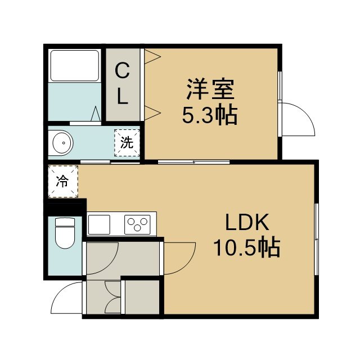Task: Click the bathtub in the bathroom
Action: [x=75, y=65]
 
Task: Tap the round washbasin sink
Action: [x=62, y=143]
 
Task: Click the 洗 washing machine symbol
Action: [x=127, y=143]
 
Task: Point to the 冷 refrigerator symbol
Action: [x=63, y=181]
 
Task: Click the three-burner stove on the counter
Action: [x=137, y=224]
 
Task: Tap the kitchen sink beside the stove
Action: [x=99, y=224]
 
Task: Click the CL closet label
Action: [x=123, y=84]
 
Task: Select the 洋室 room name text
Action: [x=210, y=89]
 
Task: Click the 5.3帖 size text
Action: [x=210, y=114]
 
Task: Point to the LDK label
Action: [x=247, y=222]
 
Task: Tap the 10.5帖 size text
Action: [x=247, y=247]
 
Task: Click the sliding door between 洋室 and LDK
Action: [x=193, y=162]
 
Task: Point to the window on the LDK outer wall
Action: [x=316, y=239]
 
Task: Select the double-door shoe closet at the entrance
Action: [x=113, y=297]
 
